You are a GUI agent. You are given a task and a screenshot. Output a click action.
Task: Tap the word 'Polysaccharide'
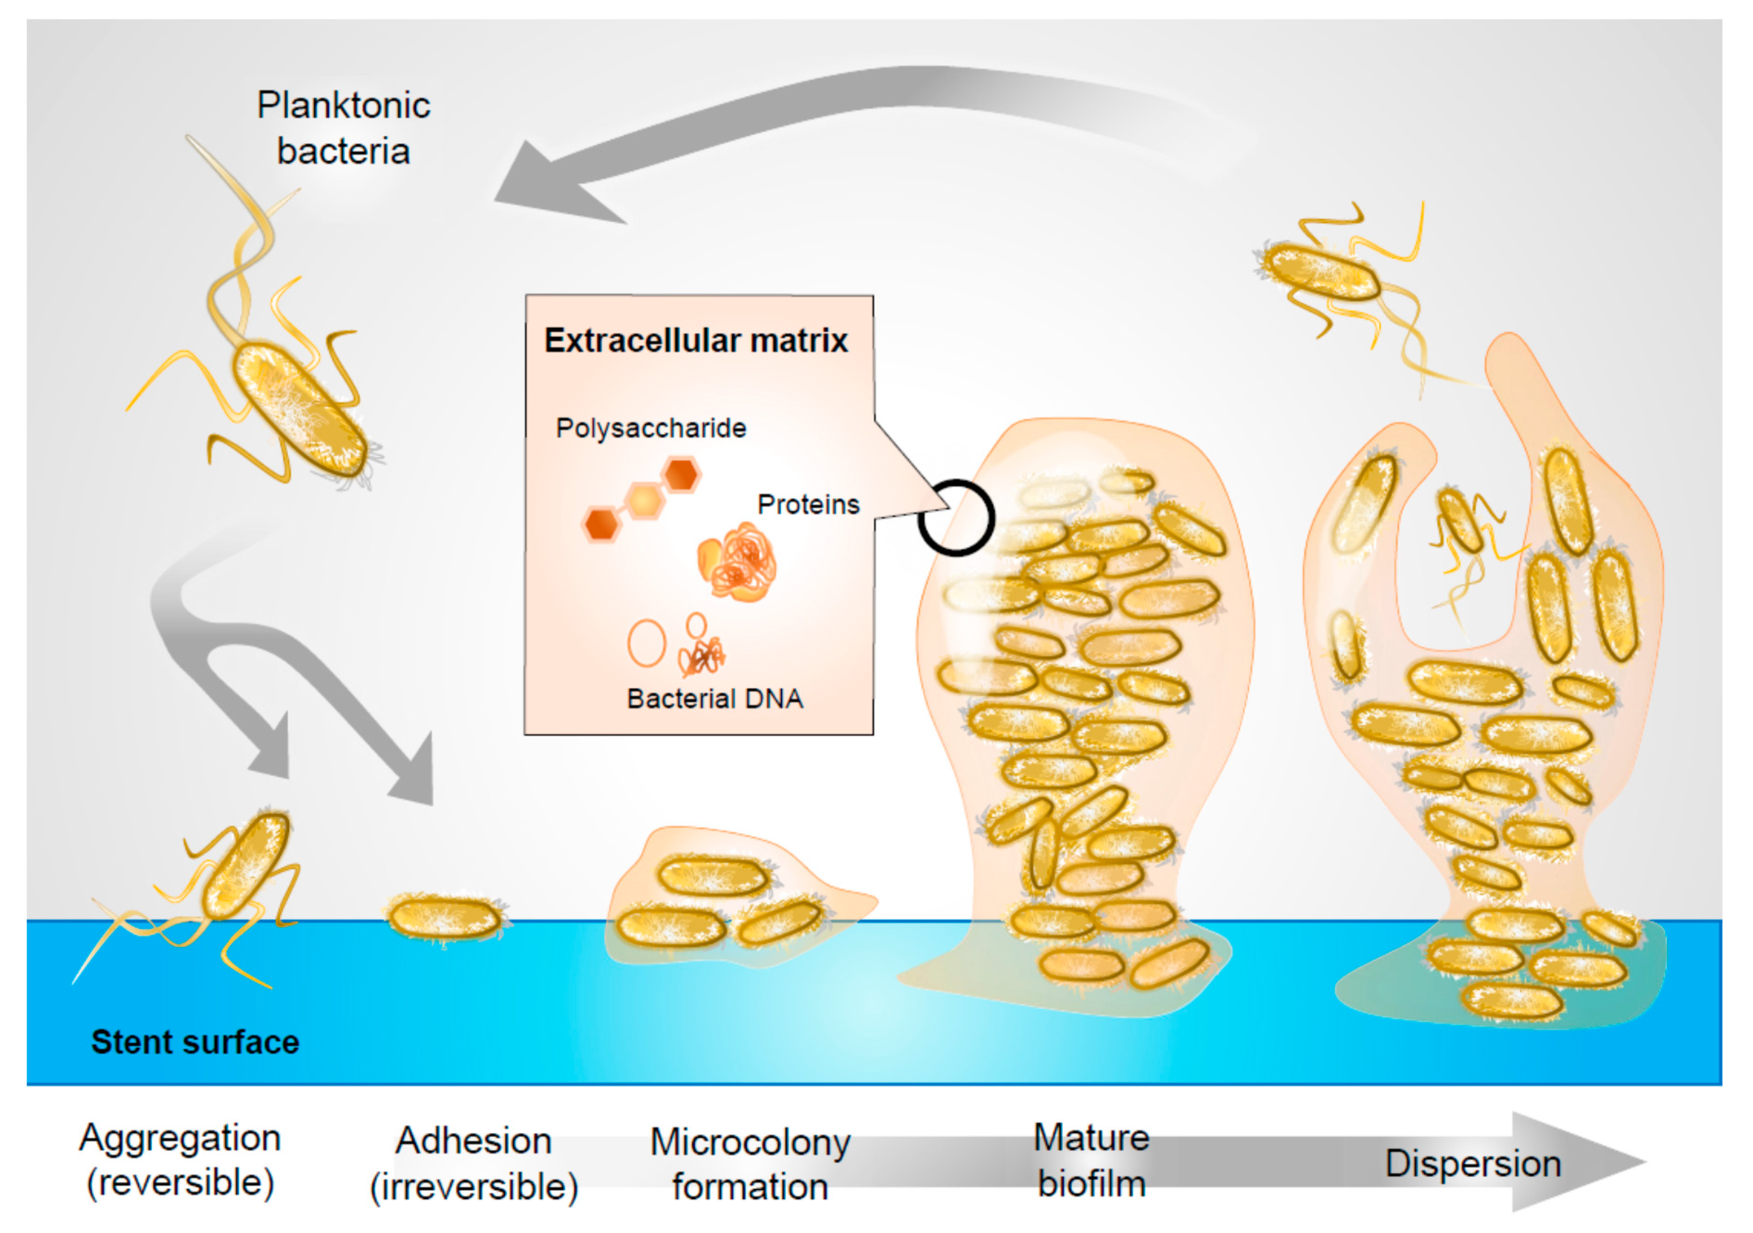[x=650, y=428]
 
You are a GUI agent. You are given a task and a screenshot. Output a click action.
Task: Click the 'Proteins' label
[x=808, y=504]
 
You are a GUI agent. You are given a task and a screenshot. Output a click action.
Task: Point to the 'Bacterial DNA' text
[x=715, y=698]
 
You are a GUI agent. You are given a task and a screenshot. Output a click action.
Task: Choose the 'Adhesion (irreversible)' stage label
[x=474, y=1164]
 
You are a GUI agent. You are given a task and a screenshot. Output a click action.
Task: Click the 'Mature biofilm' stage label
[x=1091, y=1160]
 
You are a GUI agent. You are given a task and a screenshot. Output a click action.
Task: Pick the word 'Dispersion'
[x=1473, y=1164]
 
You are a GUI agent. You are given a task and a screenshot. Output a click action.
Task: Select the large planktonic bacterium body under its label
[x=299, y=410]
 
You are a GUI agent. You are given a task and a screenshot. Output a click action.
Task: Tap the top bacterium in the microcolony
[x=712, y=876]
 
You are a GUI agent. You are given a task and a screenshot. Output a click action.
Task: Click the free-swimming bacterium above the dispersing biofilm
[x=1321, y=271]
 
